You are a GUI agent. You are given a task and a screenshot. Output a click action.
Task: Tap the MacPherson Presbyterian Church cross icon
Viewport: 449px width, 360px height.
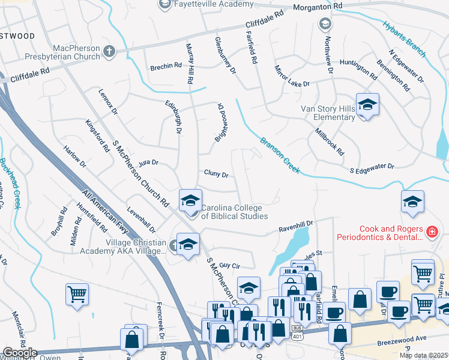point(109,51)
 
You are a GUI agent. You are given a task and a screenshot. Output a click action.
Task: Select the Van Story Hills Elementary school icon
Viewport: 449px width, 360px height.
point(367,104)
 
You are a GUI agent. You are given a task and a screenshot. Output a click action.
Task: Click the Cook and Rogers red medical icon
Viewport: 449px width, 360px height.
point(431,232)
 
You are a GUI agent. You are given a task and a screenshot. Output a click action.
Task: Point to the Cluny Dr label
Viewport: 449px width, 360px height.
point(216,175)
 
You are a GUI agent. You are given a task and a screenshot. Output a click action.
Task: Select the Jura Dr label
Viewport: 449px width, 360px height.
point(147,162)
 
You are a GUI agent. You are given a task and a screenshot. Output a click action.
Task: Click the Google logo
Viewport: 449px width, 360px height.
point(20,353)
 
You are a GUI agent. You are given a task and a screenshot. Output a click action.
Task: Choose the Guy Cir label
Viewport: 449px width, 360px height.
point(230,265)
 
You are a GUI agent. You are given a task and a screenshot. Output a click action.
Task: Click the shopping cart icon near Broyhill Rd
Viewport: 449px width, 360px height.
point(77,293)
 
